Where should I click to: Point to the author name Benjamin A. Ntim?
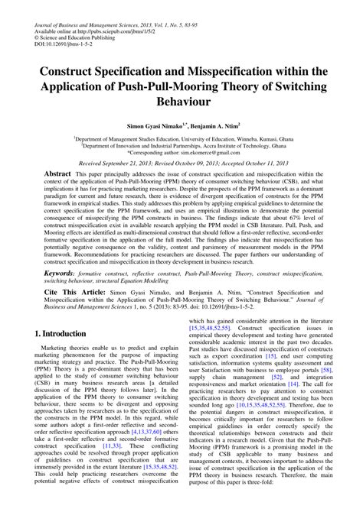pyautogui.click(x=222, y=122)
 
